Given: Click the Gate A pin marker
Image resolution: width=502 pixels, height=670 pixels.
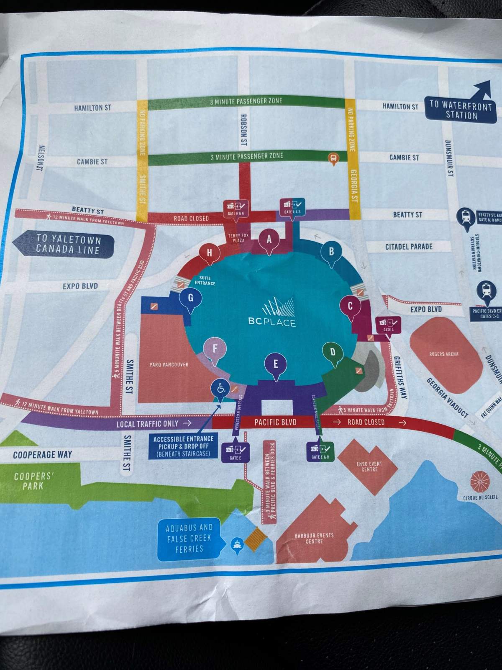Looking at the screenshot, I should pos(269,240).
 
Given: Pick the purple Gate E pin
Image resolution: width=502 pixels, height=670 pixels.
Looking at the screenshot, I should pos(276,364).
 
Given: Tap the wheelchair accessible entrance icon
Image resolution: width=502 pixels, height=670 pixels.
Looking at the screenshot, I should pos(220,389).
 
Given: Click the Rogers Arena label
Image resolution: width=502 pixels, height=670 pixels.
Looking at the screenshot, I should pos(444,354).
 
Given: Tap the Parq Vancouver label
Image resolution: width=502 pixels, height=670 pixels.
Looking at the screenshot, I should pos(169,365).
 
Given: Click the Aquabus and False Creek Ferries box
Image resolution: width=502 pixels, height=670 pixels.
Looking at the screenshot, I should pos(189,538).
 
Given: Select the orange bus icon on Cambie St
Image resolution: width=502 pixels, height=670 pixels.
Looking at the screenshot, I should pos(333,158).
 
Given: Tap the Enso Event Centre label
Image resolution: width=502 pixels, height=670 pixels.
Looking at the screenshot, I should pos(369,466).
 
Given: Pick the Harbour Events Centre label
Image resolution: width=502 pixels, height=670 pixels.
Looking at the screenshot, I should pos(314,538).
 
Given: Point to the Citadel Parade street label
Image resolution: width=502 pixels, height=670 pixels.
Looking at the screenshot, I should pos(409,246).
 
